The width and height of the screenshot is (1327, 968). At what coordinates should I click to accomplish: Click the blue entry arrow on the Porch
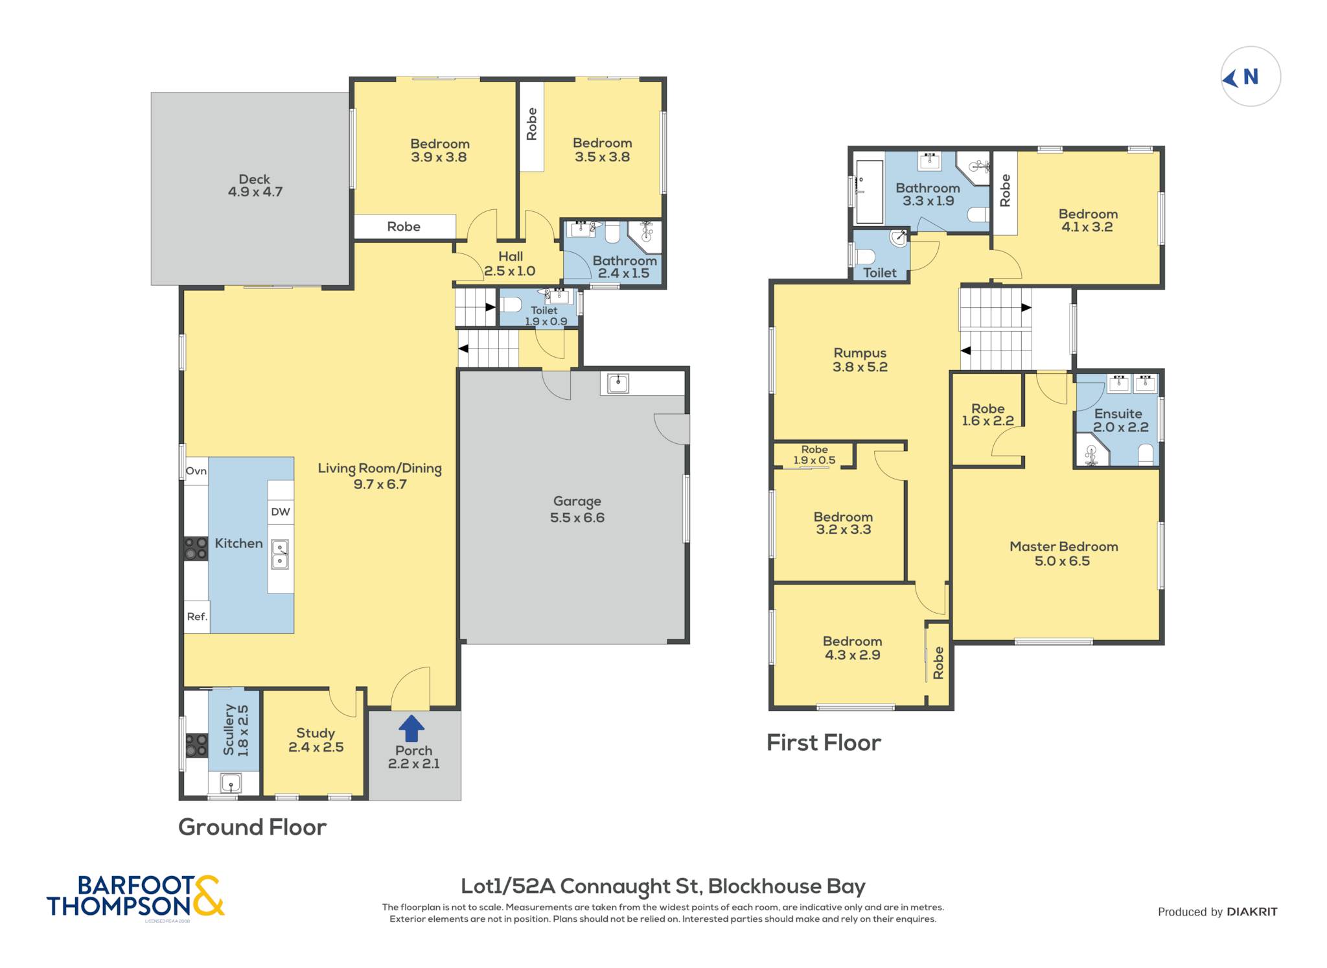[411, 728]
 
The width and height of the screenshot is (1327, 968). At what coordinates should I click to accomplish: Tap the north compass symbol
[1251, 76]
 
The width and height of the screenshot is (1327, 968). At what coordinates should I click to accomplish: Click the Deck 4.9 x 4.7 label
[255, 185]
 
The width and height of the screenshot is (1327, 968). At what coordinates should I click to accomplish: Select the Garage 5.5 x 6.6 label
[577, 509]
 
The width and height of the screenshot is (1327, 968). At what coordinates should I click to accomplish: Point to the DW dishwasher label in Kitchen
[281, 512]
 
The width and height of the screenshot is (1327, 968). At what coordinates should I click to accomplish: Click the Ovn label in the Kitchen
[196, 471]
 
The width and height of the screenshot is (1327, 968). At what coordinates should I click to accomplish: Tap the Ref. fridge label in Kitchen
[197, 617]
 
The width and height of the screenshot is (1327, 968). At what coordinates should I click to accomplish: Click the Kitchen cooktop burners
[196, 548]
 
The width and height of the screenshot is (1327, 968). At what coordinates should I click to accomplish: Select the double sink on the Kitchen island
[280, 555]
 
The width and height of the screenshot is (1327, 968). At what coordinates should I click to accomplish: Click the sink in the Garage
[618, 384]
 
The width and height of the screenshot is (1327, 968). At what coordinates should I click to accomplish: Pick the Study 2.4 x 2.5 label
[316, 740]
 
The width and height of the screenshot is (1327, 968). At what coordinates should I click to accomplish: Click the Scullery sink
[231, 783]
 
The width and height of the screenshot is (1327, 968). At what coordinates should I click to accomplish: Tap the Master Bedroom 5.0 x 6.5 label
[1063, 554]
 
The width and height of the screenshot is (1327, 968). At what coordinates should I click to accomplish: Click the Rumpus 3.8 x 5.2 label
[860, 360]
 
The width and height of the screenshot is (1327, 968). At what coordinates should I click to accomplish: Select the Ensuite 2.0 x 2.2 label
[1120, 421]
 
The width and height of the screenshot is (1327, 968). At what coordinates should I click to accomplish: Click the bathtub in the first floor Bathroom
[869, 192]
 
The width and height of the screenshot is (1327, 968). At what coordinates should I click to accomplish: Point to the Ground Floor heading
[252, 827]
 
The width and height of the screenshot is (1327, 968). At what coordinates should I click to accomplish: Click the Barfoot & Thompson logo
[135, 897]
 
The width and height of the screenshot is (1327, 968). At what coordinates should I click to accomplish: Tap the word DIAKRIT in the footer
[1252, 912]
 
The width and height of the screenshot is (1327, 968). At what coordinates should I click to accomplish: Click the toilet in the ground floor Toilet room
[511, 305]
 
